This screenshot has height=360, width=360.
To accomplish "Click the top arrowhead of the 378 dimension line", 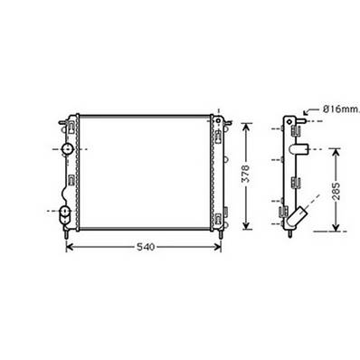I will click(x=243, y=118).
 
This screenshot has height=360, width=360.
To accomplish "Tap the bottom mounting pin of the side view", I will click(x=288, y=232).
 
